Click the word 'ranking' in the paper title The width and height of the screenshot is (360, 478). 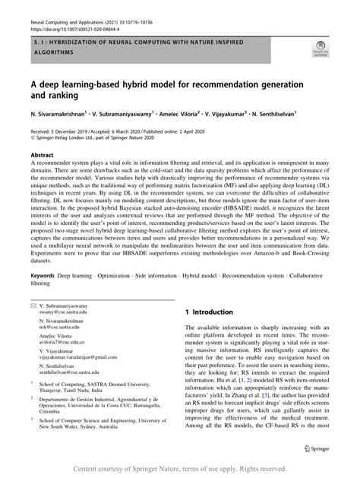tap(64, 97)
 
